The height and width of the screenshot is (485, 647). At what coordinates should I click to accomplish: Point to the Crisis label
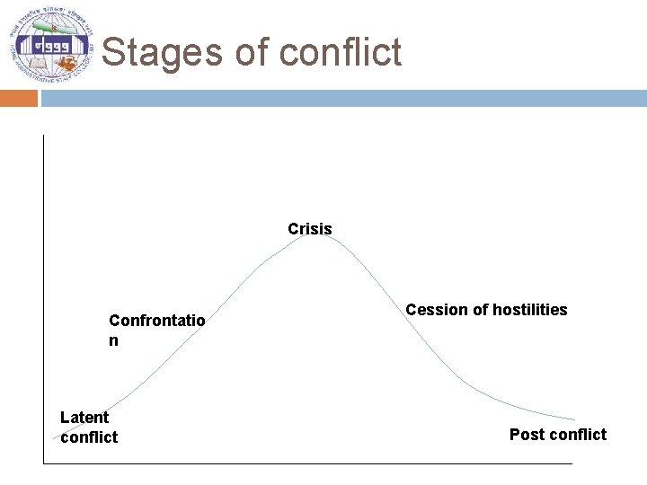310,229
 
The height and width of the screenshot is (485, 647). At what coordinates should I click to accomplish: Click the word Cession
437,310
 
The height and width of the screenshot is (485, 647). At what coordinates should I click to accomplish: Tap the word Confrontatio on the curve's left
156,321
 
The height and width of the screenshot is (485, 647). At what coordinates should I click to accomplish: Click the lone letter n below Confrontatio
113,341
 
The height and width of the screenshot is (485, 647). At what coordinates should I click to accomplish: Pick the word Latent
84,417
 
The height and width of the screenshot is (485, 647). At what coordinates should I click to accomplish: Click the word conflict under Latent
89,437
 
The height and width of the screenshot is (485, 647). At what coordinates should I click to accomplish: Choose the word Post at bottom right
527,435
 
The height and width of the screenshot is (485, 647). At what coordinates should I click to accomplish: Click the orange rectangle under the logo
19,98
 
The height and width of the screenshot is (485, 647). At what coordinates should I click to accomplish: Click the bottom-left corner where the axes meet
43,463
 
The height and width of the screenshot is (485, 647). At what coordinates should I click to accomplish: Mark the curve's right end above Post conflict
572,419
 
